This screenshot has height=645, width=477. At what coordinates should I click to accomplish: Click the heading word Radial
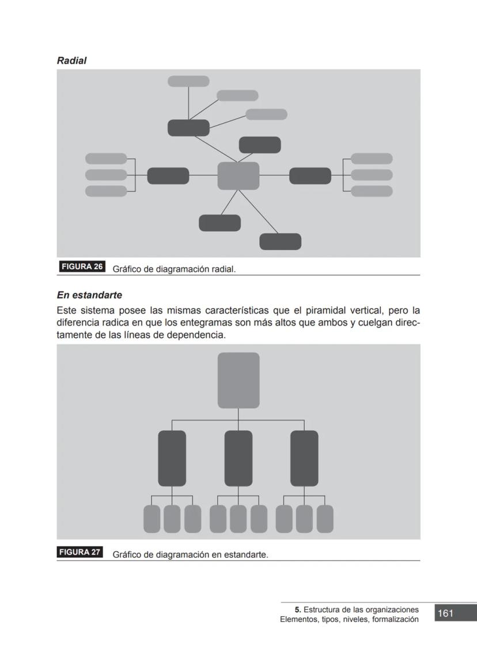tap(71, 61)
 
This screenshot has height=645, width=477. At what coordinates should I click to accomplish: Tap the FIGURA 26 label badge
tap(82, 267)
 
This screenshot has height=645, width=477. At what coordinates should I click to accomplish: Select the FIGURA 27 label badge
tap(79, 552)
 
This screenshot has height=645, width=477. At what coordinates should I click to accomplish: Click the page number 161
tap(445, 613)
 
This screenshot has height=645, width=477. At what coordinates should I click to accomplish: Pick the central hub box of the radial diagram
tap(238, 176)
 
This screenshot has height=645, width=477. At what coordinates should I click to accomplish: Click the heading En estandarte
tap(89, 295)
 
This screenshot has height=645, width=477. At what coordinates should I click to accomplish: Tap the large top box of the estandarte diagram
tap(238, 380)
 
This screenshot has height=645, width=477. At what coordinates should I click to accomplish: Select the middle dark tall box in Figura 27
tap(238, 458)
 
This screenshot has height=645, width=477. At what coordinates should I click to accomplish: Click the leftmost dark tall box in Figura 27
tap(172, 458)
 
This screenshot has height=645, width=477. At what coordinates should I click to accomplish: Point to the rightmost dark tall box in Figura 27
tap(304, 458)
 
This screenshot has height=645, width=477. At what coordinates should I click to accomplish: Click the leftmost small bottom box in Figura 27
tap(152, 519)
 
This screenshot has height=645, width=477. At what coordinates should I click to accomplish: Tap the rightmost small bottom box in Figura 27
tap(325, 519)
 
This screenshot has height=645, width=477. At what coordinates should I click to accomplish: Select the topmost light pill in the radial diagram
tap(188, 81)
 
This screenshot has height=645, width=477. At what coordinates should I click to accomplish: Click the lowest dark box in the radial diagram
tap(280, 242)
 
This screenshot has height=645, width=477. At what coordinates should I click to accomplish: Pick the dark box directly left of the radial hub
tap(168, 176)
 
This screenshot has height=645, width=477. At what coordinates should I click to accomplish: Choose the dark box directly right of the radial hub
tap(310, 176)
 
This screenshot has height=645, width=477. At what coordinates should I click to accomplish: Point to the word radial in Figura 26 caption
tap(223, 269)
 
